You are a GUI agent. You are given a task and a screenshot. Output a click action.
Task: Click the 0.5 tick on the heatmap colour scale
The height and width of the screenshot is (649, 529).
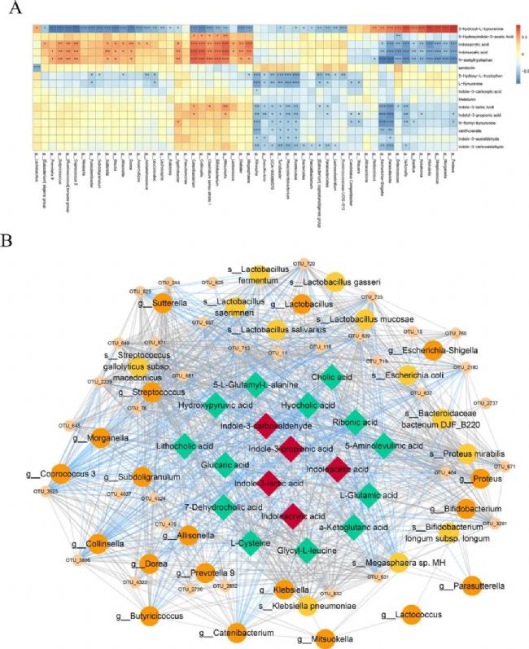click(523, 37)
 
